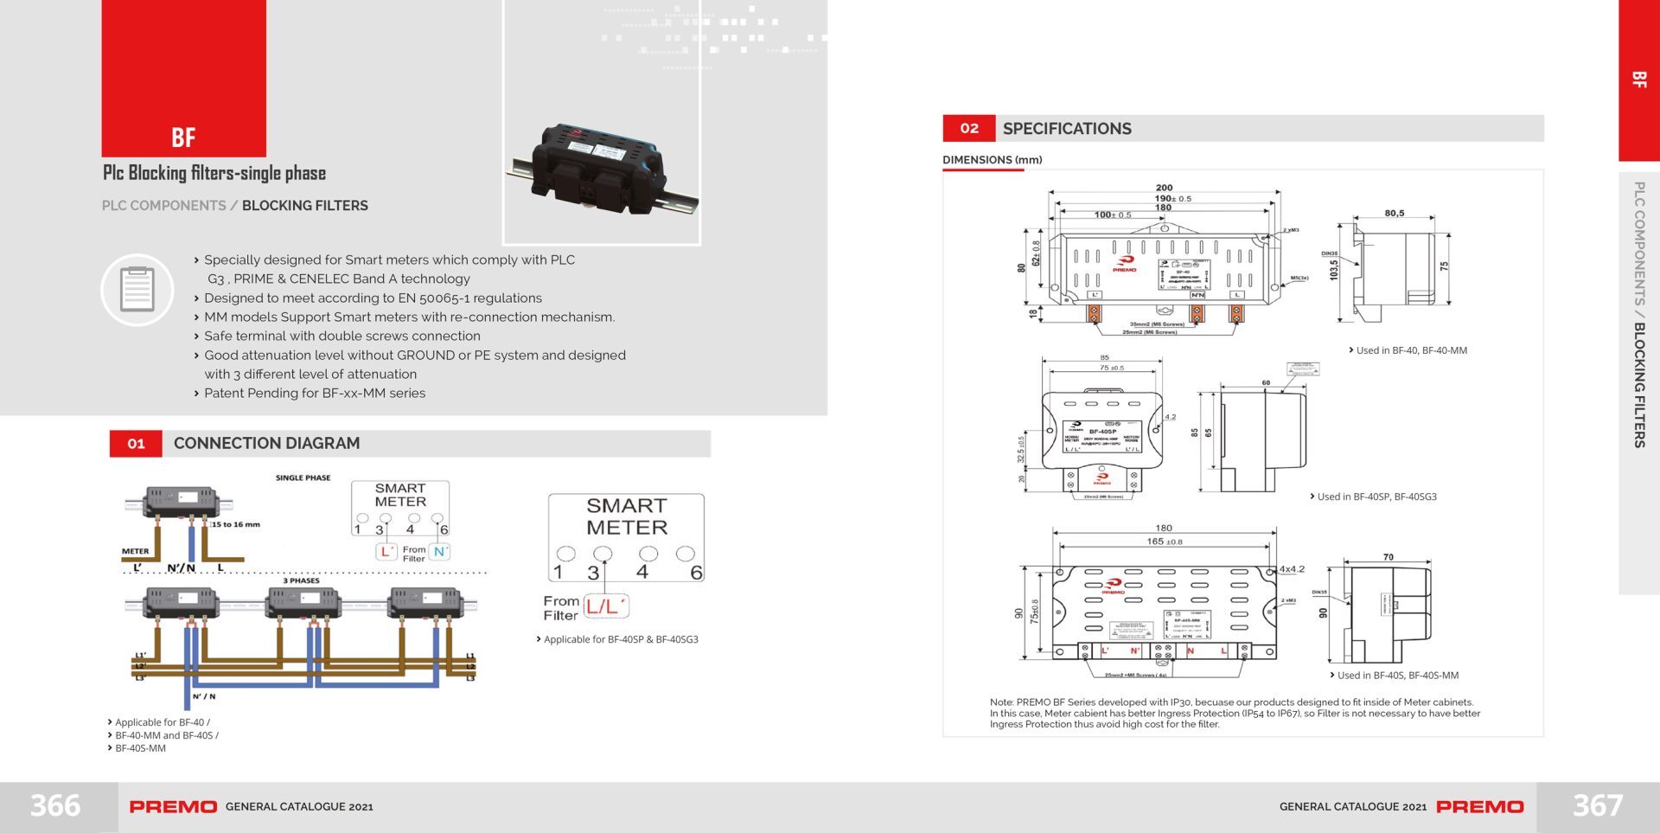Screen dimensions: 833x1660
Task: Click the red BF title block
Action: coord(183,78)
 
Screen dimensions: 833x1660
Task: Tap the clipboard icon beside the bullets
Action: coord(137,290)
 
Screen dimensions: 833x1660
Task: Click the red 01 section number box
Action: coord(136,444)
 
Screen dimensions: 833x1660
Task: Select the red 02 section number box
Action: coord(969,128)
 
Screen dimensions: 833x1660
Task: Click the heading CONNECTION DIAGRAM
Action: coord(266,444)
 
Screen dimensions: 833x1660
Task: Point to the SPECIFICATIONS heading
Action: coord(1067,129)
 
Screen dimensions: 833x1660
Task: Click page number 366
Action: coord(55,806)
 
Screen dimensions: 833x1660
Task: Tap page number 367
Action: coord(1597,806)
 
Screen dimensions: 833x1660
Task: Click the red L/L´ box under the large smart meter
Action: coord(606,606)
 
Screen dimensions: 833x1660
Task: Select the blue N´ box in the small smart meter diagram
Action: coord(440,552)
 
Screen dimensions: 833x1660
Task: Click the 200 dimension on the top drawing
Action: coord(1165,188)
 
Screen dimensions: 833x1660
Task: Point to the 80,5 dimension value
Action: coord(1395,213)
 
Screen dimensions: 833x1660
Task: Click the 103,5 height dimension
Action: coord(1334,269)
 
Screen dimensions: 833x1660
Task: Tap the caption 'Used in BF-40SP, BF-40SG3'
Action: coord(1376,497)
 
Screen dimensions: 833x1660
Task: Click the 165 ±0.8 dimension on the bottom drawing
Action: coord(1164,541)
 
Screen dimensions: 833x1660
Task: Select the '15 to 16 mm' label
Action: coord(236,524)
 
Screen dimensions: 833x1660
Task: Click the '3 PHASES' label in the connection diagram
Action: coord(301,580)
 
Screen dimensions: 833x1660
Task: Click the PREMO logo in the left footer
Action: coord(173,807)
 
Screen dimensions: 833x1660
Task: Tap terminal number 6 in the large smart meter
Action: coord(696,573)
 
